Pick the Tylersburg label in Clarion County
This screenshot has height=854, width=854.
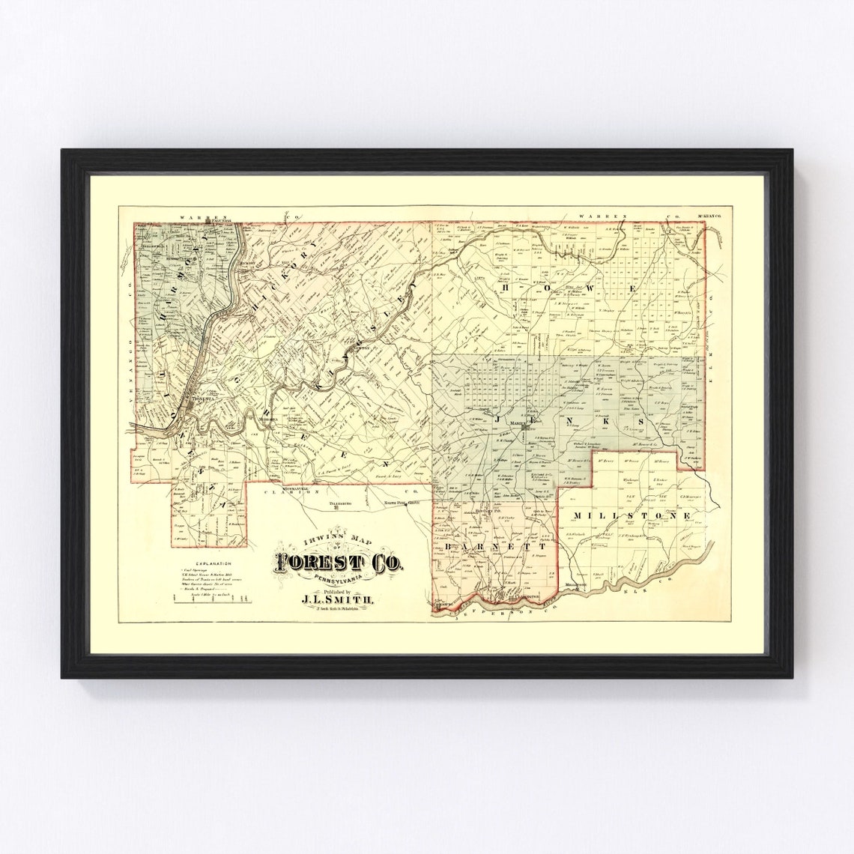[336, 504]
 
